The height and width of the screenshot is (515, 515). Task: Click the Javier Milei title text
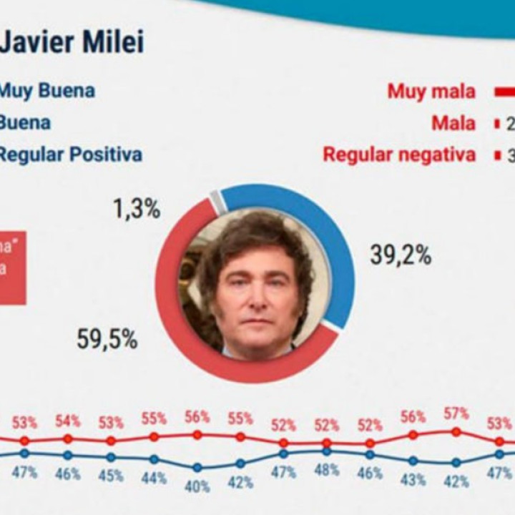(72, 41)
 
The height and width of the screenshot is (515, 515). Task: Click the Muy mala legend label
(431, 91)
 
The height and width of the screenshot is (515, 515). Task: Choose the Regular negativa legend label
(399, 154)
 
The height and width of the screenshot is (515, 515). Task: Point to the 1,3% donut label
(136, 210)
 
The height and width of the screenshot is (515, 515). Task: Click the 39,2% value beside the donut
(401, 255)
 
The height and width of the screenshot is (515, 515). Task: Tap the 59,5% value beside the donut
(107, 340)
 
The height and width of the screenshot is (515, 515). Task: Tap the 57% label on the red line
(456, 413)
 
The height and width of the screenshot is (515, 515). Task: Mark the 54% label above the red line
(68, 421)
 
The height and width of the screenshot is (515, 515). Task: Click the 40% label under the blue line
(197, 486)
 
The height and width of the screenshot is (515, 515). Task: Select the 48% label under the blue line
(326, 471)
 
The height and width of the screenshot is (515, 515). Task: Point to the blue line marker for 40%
(197, 468)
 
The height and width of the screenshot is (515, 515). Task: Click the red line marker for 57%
(456, 431)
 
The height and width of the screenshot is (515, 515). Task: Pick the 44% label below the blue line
(154, 477)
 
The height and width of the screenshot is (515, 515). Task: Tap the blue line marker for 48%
(326, 451)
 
